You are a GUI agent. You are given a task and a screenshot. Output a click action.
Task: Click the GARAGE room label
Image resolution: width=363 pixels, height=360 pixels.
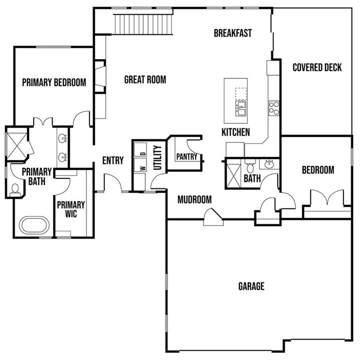251,286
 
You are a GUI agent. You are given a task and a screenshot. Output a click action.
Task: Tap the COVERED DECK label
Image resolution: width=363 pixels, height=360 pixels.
317,67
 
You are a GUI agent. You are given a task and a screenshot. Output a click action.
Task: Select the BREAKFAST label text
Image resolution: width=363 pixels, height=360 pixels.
233,33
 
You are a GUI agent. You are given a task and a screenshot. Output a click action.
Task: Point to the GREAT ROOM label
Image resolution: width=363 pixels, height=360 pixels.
145,80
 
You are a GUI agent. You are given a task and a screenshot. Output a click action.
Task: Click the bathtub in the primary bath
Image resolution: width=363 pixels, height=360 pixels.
34,225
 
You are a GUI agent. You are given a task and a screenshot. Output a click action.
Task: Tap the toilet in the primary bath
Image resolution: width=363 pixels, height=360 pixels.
15,189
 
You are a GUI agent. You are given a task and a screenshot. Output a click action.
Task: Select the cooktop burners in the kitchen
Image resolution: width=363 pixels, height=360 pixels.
274,108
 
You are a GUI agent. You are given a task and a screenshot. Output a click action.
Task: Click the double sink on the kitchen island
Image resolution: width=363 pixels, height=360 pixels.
241,108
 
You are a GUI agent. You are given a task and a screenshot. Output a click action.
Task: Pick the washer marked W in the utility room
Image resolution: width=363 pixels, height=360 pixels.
141,165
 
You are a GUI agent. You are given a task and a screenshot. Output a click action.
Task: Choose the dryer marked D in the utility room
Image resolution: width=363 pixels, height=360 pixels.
141,150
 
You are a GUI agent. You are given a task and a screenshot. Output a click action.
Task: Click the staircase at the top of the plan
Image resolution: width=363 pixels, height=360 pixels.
143,24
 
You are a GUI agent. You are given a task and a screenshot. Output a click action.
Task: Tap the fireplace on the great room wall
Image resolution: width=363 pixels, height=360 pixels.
100,76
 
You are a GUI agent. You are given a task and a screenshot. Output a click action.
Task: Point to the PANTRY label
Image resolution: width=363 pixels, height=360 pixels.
187,157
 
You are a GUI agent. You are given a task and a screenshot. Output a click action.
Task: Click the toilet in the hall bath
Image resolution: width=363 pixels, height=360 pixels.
250,165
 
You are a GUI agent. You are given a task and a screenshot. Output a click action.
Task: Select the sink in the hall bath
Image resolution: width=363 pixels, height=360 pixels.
269,164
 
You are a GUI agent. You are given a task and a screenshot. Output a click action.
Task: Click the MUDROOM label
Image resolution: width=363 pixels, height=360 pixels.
194,200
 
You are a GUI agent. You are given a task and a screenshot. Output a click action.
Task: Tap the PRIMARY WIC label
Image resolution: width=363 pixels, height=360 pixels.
71,209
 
